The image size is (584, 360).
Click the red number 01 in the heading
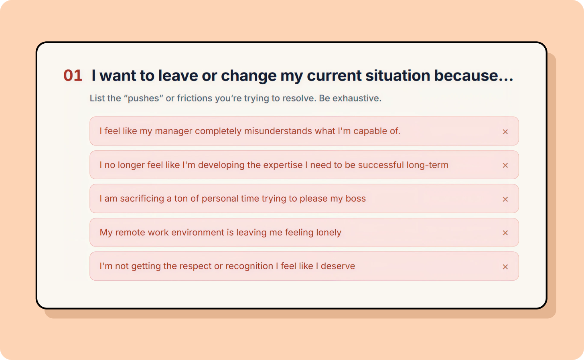tap(73, 75)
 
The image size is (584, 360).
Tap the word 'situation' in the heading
tap(397, 75)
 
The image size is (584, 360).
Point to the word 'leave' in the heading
tap(178, 75)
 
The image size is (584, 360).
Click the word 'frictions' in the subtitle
tap(195, 98)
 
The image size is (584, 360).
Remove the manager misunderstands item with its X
tap(505, 132)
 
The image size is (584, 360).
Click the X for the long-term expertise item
tap(505, 166)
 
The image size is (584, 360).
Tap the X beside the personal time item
tap(505, 199)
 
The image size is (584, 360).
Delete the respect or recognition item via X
tap(505, 267)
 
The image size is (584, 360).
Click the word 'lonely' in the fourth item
tap(328, 233)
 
